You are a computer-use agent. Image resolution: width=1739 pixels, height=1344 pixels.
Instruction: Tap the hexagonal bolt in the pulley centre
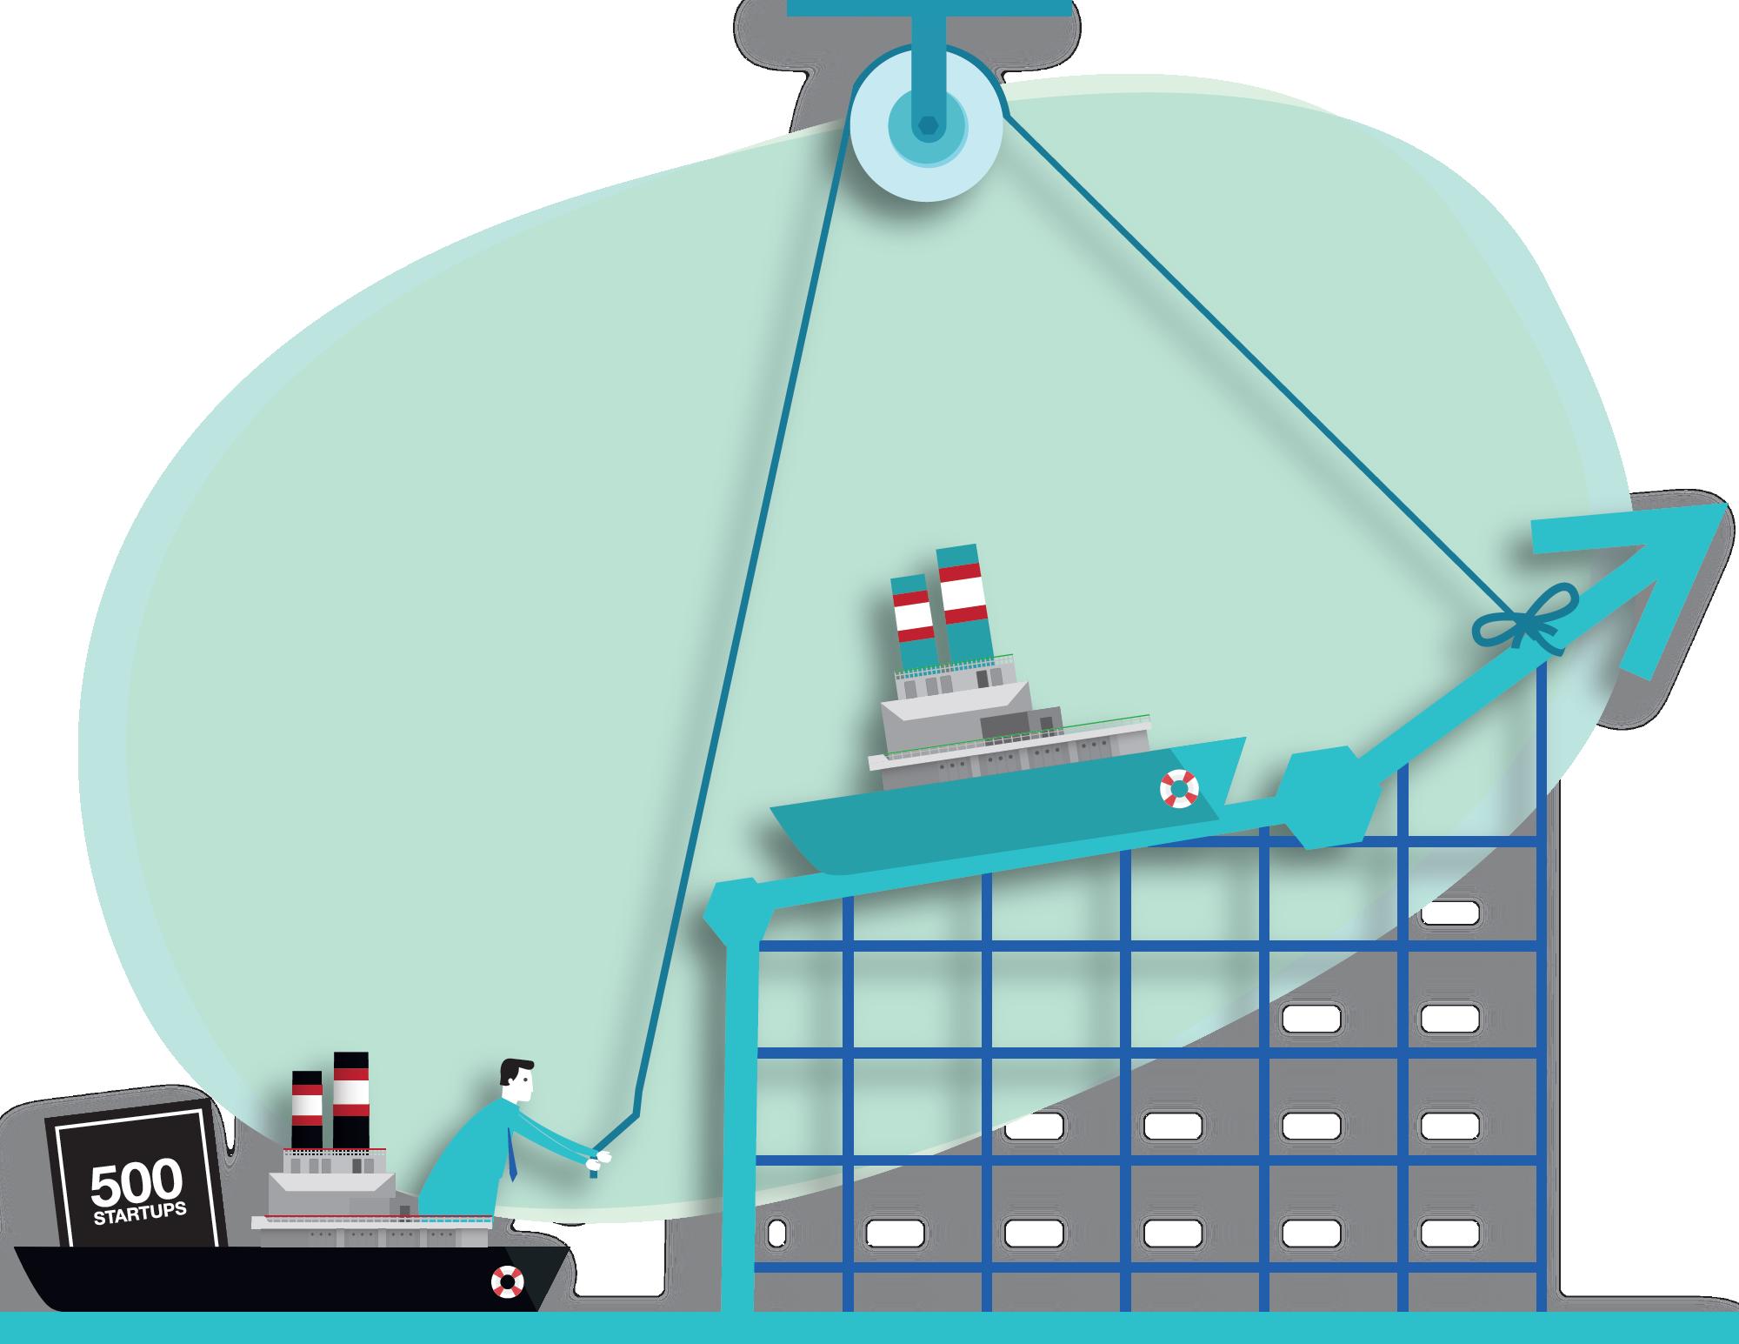tap(927, 126)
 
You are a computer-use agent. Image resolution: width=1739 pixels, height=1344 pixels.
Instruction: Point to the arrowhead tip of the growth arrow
tap(1725, 505)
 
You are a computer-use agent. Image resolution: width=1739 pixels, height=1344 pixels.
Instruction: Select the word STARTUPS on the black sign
tap(140, 1214)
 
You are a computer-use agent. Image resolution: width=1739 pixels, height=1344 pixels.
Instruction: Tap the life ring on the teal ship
tap(1179, 789)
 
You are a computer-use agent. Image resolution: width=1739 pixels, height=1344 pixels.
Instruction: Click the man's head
tap(519, 1082)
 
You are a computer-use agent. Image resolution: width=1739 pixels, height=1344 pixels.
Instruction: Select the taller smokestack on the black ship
tap(350, 1100)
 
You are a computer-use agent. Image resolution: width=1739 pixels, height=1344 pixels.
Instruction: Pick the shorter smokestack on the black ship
tap(307, 1110)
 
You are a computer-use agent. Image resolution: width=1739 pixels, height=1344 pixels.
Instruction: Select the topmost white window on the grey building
tap(1449, 913)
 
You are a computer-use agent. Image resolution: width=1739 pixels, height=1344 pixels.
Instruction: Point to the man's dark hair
tap(517, 1069)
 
